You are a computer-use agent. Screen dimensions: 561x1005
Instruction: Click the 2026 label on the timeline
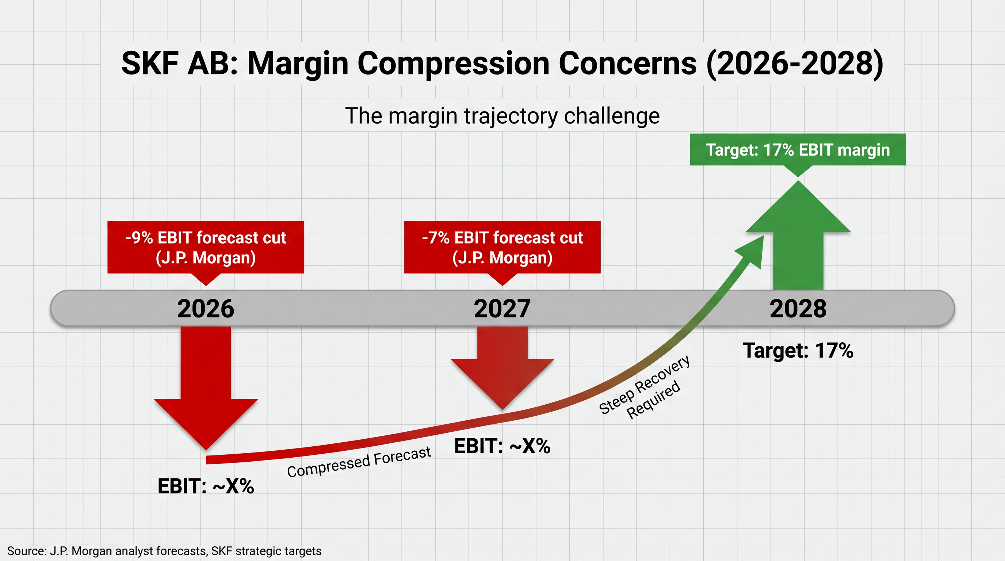pyautogui.click(x=206, y=309)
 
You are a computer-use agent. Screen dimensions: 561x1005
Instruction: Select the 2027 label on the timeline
pyautogui.click(x=502, y=309)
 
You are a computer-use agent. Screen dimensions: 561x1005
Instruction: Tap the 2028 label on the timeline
pyautogui.click(x=798, y=309)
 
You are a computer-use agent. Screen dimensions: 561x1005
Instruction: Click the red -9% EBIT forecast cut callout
pyautogui.click(x=206, y=247)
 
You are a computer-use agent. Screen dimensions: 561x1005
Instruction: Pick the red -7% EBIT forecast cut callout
pyautogui.click(x=502, y=247)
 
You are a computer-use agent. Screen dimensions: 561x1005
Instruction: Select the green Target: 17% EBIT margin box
pyautogui.click(x=798, y=150)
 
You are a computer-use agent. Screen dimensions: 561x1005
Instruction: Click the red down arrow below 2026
pyautogui.click(x=206, y=390)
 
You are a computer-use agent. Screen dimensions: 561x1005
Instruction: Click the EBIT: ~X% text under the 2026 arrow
pyautogui.click(x=206, y=486)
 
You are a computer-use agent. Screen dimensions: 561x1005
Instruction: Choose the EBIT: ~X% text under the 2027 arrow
pyautogui.click(x=502, y=446)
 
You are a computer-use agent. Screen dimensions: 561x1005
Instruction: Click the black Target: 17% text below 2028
pyautogui.click(x=798, y=350)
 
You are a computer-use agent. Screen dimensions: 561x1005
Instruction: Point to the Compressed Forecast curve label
pyautogui.click(x=359, y=462)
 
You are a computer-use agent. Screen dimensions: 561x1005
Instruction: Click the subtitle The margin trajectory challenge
pyautogui.click(x=502, y=116)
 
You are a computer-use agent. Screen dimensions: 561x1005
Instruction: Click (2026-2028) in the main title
pyautogui.click(x=794, y=63)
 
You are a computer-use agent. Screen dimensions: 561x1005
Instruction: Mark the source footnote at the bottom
pyautogui.click(x=164, y=551)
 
